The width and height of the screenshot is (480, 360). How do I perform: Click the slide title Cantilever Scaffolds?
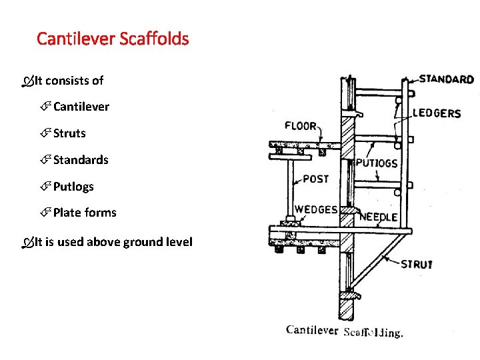(113, 39)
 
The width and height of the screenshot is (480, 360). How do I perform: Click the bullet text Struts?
(69, 133)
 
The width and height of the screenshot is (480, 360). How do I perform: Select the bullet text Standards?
(81, 160)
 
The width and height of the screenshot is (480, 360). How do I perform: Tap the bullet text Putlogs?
(73, 187)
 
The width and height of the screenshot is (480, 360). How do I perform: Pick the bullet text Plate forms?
(85, 213)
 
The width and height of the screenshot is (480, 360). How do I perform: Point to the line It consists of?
(69, 81)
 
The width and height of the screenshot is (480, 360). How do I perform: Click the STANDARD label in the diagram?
(446, 79)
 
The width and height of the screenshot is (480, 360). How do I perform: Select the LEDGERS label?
(437, 113)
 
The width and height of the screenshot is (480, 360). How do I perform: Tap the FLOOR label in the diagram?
(300, 126)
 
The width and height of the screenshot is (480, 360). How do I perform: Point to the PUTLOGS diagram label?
(377, 163)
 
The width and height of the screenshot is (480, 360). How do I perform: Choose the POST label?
(316, 179)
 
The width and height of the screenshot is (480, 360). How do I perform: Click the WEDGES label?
(316, 209)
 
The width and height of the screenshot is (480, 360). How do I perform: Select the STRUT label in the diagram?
(417, 264)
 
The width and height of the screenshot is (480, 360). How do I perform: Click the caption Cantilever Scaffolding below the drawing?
(344, 331)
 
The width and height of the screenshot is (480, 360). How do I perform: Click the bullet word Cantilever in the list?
(81, 107)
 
